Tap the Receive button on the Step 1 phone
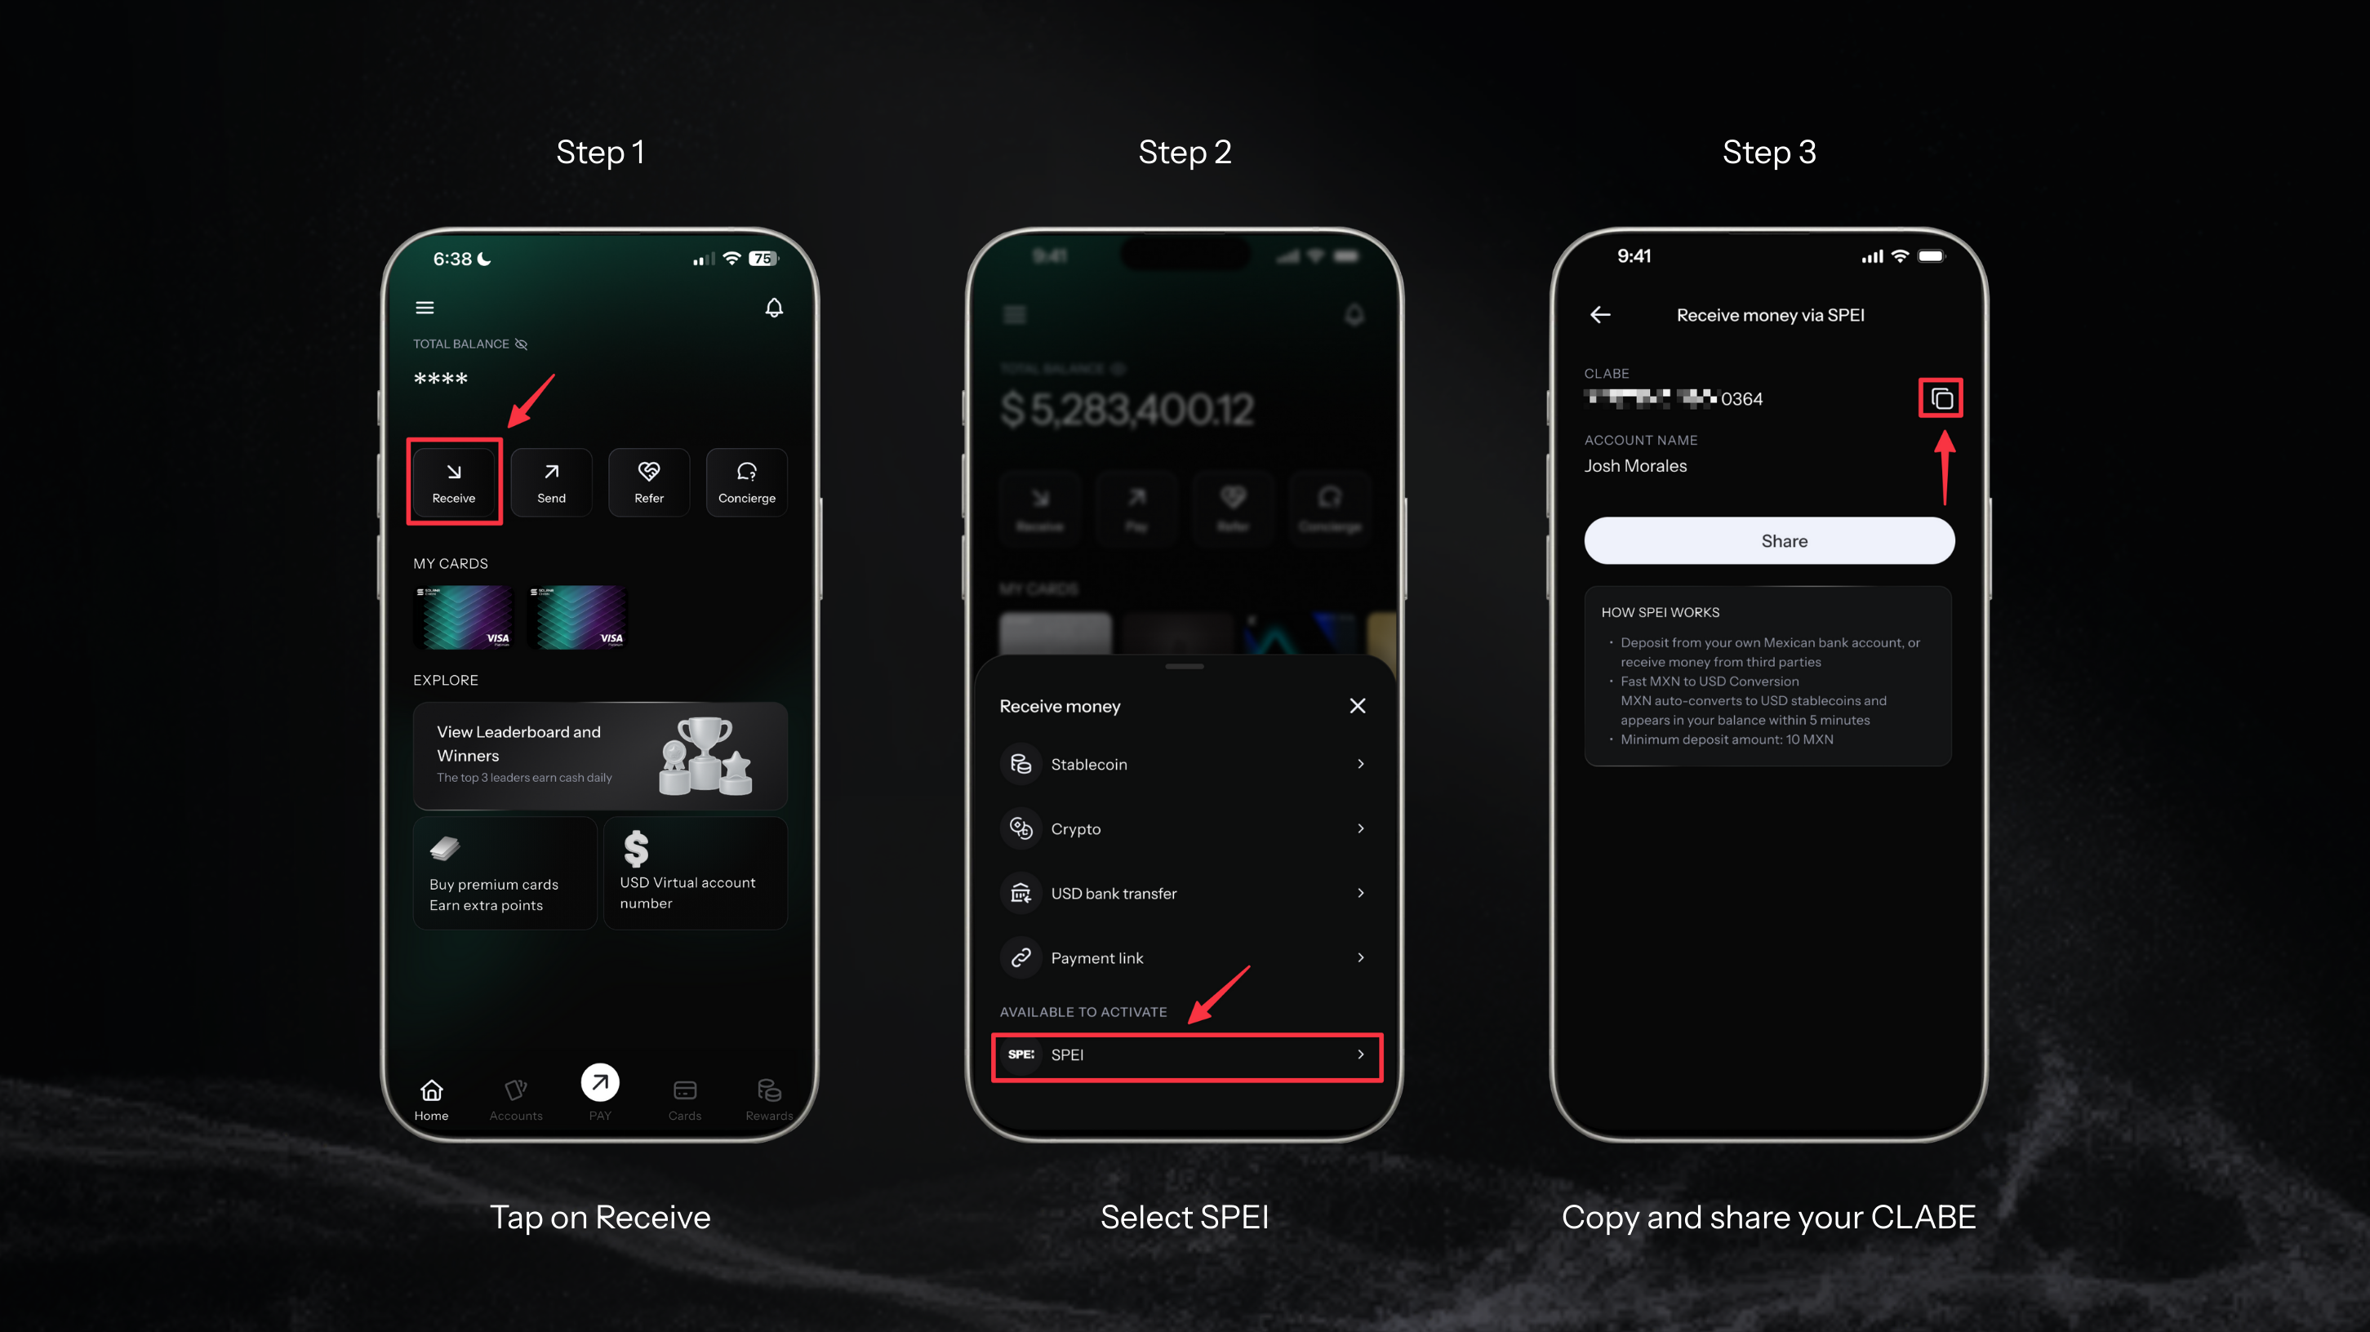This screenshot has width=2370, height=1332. click(x=454, y=482)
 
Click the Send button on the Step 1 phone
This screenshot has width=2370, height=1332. click(x=551, y=482)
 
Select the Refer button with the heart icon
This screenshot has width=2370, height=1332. click(x=648, y=482)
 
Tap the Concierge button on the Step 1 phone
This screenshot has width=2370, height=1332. click(x=746, y=482)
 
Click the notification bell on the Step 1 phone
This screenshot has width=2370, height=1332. click(x=774, y=307)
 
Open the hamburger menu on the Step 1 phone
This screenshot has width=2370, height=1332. click(x=425, y=307)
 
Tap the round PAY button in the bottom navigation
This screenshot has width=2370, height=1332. click(x=600, y=1083)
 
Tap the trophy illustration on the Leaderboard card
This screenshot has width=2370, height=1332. click(x=705, y=756)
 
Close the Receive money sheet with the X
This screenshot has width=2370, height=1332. click(x=1357, y=705)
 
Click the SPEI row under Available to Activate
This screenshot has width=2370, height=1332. click(x=1186, y=1055)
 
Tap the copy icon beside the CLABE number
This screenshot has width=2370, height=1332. click(x=1941, y=398)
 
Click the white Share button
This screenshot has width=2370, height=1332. click(x=1768, y=541)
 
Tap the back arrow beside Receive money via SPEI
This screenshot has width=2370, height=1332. click(x=1600, y=314)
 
